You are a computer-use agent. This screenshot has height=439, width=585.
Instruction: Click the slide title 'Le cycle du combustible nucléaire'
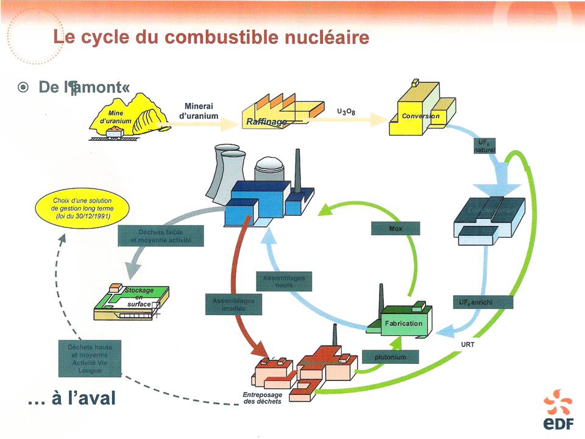(x=211, y=38)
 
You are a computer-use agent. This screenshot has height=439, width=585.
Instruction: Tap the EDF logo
(x=558, y=412)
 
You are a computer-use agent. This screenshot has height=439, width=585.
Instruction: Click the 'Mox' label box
(x=395, y=229)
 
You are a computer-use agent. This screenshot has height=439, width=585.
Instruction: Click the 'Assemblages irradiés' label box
(x=233, y=305)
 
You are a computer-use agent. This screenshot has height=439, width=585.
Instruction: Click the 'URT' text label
(x=468, y=344)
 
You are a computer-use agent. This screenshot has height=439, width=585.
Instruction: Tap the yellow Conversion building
(x=422, y=109)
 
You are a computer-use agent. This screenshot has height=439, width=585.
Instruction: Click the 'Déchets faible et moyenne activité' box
(x=160, y=236)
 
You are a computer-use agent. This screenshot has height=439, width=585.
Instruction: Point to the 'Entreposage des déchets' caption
(x=258, y=398)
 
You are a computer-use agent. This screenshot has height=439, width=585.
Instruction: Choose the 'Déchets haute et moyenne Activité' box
(x=91, y=358)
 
